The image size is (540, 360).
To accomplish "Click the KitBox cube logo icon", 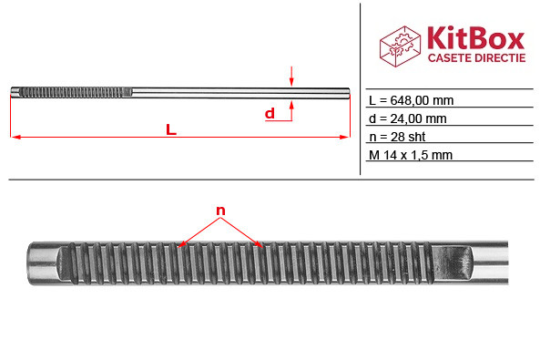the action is click(400, 46).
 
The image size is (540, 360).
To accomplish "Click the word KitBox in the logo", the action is click(476, 38).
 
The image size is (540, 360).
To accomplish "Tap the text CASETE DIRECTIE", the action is click(476, 58).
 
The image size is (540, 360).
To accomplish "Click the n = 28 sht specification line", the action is click(397, 137).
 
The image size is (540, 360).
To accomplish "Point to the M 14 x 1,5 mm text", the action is click(411, 155).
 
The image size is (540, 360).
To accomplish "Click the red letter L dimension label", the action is click(171, 129).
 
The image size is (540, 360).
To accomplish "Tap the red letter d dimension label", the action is click(270, 113).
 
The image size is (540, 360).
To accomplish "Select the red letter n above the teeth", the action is click(220, 211).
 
